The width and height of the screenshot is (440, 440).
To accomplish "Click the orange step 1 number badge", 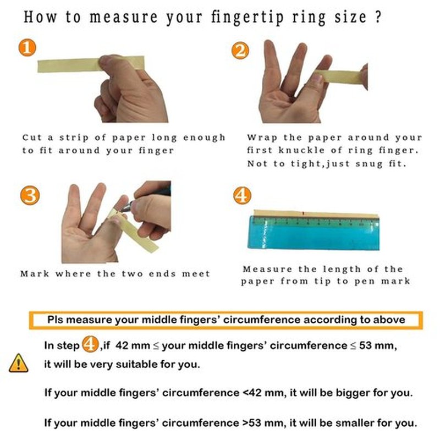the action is (x=27, y=47).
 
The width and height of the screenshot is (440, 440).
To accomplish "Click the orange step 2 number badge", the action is (x=240, y=51).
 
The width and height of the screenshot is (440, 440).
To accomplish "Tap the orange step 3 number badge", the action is (x=30, y=196).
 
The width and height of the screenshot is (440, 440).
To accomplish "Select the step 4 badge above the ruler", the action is (x=242, y=195).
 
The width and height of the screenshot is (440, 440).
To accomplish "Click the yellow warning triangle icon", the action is (x=19, y=363).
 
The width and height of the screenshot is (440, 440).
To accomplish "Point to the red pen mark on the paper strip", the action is (x=303, y=213).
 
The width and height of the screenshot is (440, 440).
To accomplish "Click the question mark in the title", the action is (x=378, y=17).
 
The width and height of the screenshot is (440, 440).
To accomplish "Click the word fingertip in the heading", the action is (x=247, y=18).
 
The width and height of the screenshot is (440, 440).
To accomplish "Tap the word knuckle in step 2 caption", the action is (x=301, y=150).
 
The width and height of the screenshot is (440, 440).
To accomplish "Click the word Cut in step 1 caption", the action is (x=32, y=137).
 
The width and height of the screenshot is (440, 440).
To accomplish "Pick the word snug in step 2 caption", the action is (x=369, y=164).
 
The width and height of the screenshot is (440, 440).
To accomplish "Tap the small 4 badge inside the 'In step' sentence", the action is (x=90, y=344).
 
